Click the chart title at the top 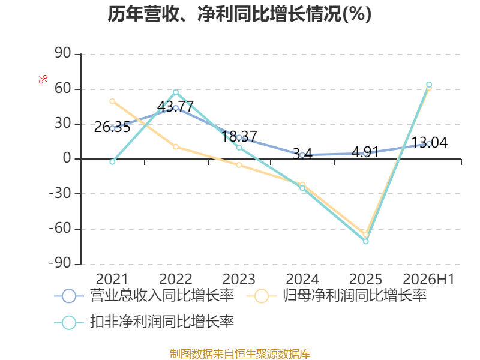(239, 14)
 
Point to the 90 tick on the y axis (63, 53)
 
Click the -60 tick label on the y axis (60, 229)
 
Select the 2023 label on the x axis (239, 279)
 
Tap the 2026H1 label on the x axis (428, 279)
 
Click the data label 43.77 (175, 107)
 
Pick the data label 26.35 (112, 127)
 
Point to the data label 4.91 (365, 152)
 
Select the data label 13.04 (430, 143)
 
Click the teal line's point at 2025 (366, 241)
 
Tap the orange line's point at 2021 (112, 101)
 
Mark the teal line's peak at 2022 (176, 92)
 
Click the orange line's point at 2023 (239, 165)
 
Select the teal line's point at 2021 (112, 161)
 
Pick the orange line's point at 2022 (176, 146)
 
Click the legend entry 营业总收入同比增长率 (144, 296)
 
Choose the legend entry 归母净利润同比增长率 (337, 296)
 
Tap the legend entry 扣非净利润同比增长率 (144, 322)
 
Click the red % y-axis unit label (43, 79)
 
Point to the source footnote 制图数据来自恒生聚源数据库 (240, 354)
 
